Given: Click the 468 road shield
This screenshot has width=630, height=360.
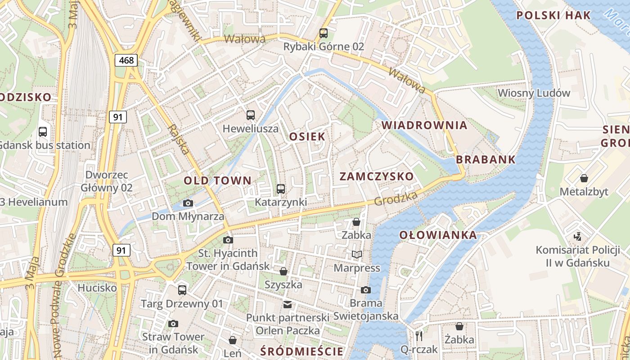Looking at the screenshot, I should (126, 60).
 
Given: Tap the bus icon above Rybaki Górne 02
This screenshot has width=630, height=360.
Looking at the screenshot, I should (323, 33).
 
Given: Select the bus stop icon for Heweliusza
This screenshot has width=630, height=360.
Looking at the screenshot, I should (251, 115).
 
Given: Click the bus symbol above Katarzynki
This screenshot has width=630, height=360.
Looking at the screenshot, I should (281, 189).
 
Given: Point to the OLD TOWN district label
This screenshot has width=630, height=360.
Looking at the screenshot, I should (217, 180).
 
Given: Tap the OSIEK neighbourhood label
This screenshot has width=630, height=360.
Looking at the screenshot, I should (307, 137).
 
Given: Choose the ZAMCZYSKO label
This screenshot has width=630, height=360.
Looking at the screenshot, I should (376, 176).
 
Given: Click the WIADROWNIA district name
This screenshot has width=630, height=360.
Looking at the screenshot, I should (424, 126).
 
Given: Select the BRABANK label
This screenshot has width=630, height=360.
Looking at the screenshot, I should (486, 160).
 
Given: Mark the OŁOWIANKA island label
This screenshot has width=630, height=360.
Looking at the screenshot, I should (438, 235).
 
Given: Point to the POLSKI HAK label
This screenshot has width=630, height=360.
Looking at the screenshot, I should (553, 15).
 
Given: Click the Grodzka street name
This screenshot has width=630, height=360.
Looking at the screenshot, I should (396, 198).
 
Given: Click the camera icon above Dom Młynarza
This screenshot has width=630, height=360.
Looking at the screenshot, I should (188, 203).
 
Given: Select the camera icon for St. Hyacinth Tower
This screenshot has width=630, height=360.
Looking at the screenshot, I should (228, 240).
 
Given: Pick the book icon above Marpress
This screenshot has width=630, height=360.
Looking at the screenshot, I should (357, 255).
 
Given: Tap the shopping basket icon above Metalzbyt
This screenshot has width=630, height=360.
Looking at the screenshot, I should (584, 178).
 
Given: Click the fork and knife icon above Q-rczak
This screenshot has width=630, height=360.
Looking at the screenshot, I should (419, 336).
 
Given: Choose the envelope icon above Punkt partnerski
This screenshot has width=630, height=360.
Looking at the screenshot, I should (288, 305).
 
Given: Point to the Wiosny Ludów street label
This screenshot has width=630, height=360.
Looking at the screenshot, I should (534, 93).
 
